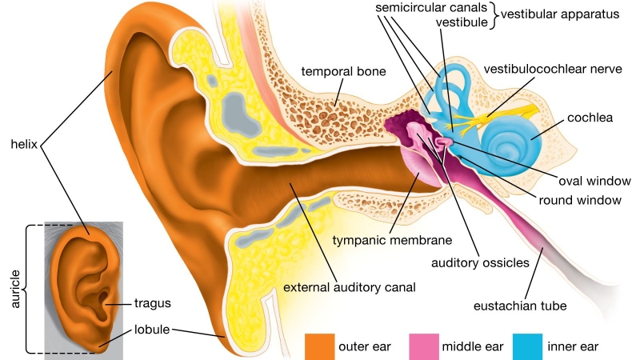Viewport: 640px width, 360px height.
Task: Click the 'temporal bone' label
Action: pos(343,72)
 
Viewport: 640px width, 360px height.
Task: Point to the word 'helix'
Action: pos(23,145)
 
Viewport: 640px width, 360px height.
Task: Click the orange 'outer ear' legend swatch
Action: pos(318,346)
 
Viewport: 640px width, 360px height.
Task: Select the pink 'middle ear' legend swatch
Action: pos(423,346)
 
